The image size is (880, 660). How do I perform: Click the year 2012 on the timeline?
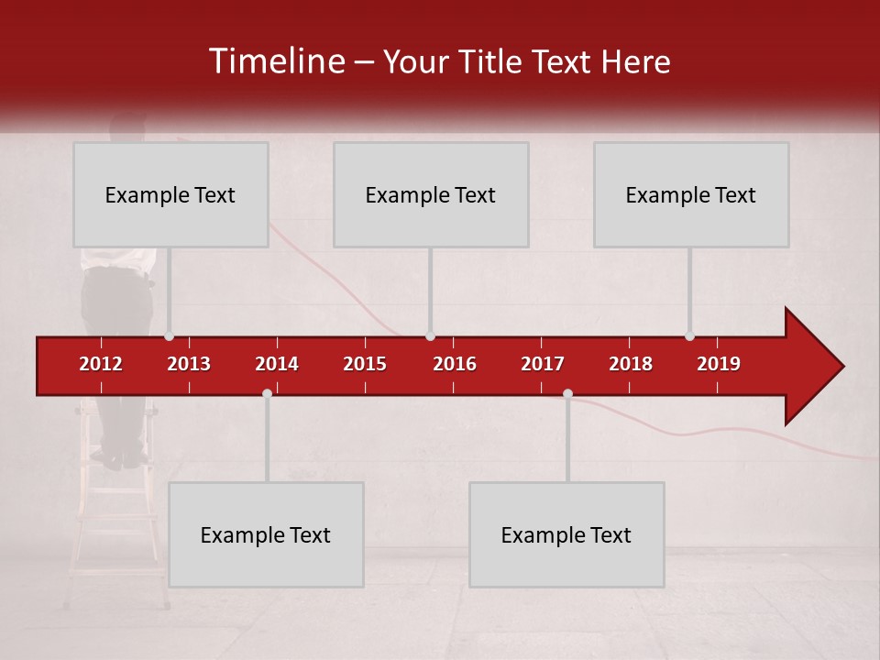[x=101, y=364]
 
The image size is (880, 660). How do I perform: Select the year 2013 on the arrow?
[x=189, y=364]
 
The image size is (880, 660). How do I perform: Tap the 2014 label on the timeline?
[x=277, y=364]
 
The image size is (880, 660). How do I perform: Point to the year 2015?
[x=365, y=364]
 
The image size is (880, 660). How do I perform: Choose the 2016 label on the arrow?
[x=455, y=364]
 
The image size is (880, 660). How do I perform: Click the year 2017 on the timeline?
[x=543, y=364]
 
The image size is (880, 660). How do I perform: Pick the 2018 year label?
[x=631, y=364]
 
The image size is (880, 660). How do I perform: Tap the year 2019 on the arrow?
[x=719, y=364]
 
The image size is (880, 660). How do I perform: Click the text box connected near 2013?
[x=170, y=194]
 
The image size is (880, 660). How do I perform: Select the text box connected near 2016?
[x=431, y=194]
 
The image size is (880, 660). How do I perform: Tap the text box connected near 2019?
[x=691, y=194]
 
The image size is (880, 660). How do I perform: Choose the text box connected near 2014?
[x=266, y=534]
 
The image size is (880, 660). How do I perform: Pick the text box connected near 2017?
[x=566, y=534]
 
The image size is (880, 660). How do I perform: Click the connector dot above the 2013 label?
[x=169, y=336]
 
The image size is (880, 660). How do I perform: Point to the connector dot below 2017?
[x=567, y=393]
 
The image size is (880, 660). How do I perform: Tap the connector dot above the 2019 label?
[x=689, y=336]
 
